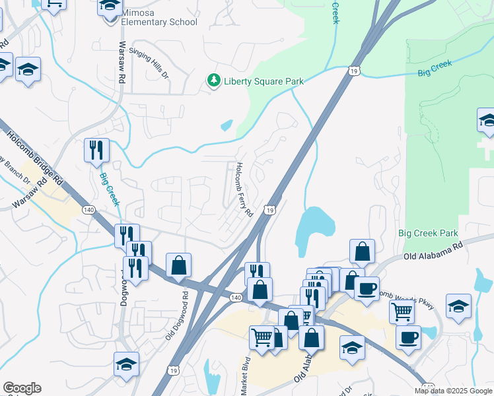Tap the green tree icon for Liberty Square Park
[x=213, y=81]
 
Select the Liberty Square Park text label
[x=264, y=81]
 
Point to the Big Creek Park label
[x=428, y=234]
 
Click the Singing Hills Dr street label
[x=149, y=63]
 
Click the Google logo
[x=22, y=388]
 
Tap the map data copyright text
[x=454, y=391]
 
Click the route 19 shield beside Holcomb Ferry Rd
[x=269, y=210]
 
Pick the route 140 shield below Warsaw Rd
[x=88, y=209]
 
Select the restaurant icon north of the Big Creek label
[x=96, y=150]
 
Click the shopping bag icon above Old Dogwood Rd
[x=179, y=265]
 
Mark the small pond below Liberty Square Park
[x=227, y=124]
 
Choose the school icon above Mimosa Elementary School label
[x=110, y=7]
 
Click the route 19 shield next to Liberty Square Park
[x=355, y=71]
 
